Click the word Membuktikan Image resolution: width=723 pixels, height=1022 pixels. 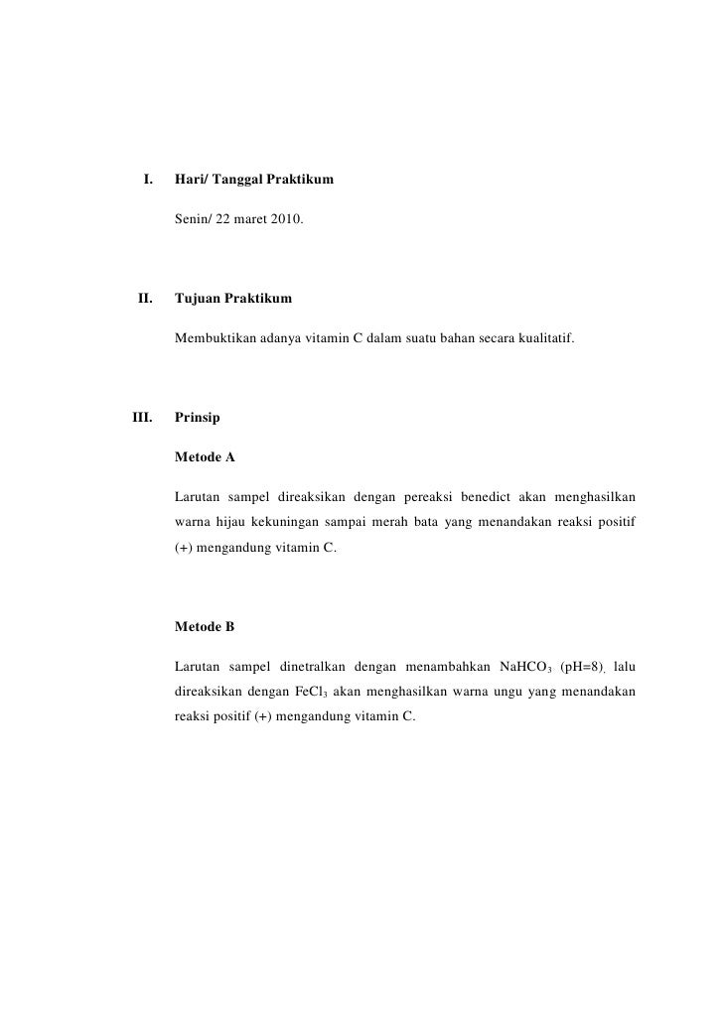click(x=216, y=340)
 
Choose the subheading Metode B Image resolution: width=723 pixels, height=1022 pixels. click(x=205, y=626)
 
